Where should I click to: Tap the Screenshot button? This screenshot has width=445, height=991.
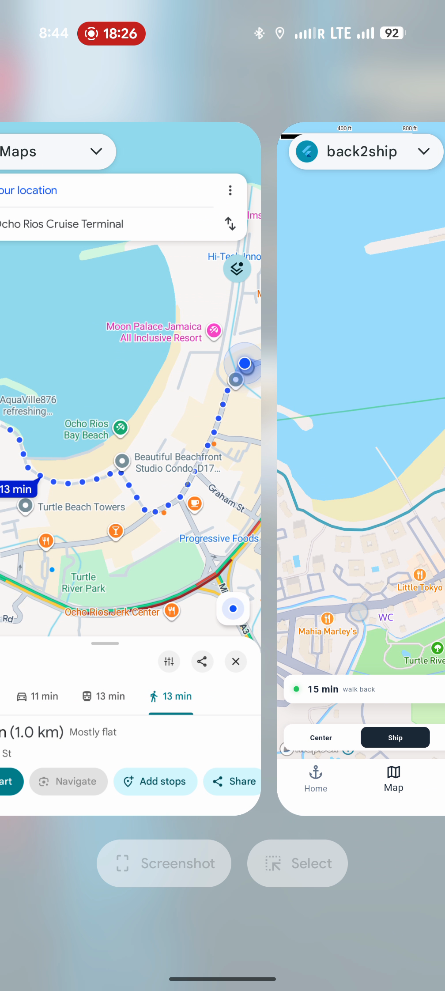pyautogui.click(x=164, y=863)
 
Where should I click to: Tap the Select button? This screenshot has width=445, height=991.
pyautogui.click(x=298, y=863)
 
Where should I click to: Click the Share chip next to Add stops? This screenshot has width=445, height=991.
pyautogui.click(x=234, y=781)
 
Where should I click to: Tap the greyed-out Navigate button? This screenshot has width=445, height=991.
pyautogui.click(x=68, y=781)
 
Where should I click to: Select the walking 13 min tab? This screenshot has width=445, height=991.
pyautogui.click(x=171, y=696)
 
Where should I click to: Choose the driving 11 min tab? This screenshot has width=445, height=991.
pyautogui.click(x=38, y=696)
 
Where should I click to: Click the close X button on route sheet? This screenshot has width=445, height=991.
pyautogui.click(x=236, y=661)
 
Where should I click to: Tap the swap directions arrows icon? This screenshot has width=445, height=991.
pyautogui.click(x=230, y=223)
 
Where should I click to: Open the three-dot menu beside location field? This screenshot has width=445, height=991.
pyautogui.click(x=230, y=190)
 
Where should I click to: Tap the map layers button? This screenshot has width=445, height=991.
pyautogui.click(x=237, y=269)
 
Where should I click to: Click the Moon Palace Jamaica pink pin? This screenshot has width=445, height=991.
pyautogui.click(x=214, y=330)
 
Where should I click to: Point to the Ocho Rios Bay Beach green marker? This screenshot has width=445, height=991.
pyautogui.click(x=121, y=427)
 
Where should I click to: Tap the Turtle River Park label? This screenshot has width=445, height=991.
pyautogui.click(x=83, y=582)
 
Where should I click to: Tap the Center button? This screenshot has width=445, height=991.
pyautogui.click(x=321, y=738)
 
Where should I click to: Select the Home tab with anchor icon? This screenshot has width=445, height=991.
pyautogui.click(x=316, y=779)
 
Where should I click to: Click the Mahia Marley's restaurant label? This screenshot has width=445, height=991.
pyautogui.click(x=327, y=631)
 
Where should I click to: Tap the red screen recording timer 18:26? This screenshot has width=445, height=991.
pyautogui.click(x=111, y=34)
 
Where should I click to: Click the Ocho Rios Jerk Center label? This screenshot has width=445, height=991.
pyautogui.click(x=112, y=612)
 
